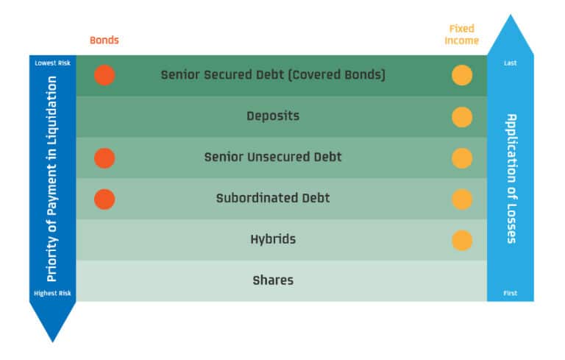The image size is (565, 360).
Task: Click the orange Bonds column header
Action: pyautogui.click(x=104, y=40)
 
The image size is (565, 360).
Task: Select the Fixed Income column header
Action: pyautogui.click(x=462, y=35)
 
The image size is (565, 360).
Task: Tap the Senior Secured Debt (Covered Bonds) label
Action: pyautogui.click(x=273, y=75)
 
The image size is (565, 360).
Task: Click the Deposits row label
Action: pyautogui.click(x=273, y=116)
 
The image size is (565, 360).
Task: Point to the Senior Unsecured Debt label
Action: pyautogui.click(x=273, y=158)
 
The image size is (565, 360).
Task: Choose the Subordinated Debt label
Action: pyautogui.click(x=273, y=199)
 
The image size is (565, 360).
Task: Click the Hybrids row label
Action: pyautogui.click(x=273, y=239)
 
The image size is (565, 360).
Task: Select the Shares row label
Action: pyautogui.click(x=273, y=280)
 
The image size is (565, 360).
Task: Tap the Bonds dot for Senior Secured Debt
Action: pyautogui.click(x=104, y=75)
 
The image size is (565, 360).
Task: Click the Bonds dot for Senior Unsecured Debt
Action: pyautogui.click(x=104, y=158)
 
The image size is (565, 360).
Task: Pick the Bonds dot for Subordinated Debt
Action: pyautogui.click(x=104, y=199)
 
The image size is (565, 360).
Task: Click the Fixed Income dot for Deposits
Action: pyautogui.click(x=462, y=116)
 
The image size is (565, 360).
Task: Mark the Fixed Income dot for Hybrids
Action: pyautogui.click(x=462, y=240)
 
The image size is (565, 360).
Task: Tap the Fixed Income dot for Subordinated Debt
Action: pyautogui.click(x=462, y=199)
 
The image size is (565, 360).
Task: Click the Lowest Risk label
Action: pyautogui.click(x=52, y=63)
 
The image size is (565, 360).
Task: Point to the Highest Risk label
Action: pyautogui.click(x=52, y=293)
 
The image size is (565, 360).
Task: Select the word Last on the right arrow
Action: pyautogui.click(x=510, y=63)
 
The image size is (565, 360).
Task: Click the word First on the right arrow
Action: pyautogui.click(x=510, y=293)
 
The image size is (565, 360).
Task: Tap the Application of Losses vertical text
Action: pyautogui.click(x=510, y=178)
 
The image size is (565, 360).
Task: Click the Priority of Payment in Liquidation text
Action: pyautogui.click(x=52, y=178)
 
